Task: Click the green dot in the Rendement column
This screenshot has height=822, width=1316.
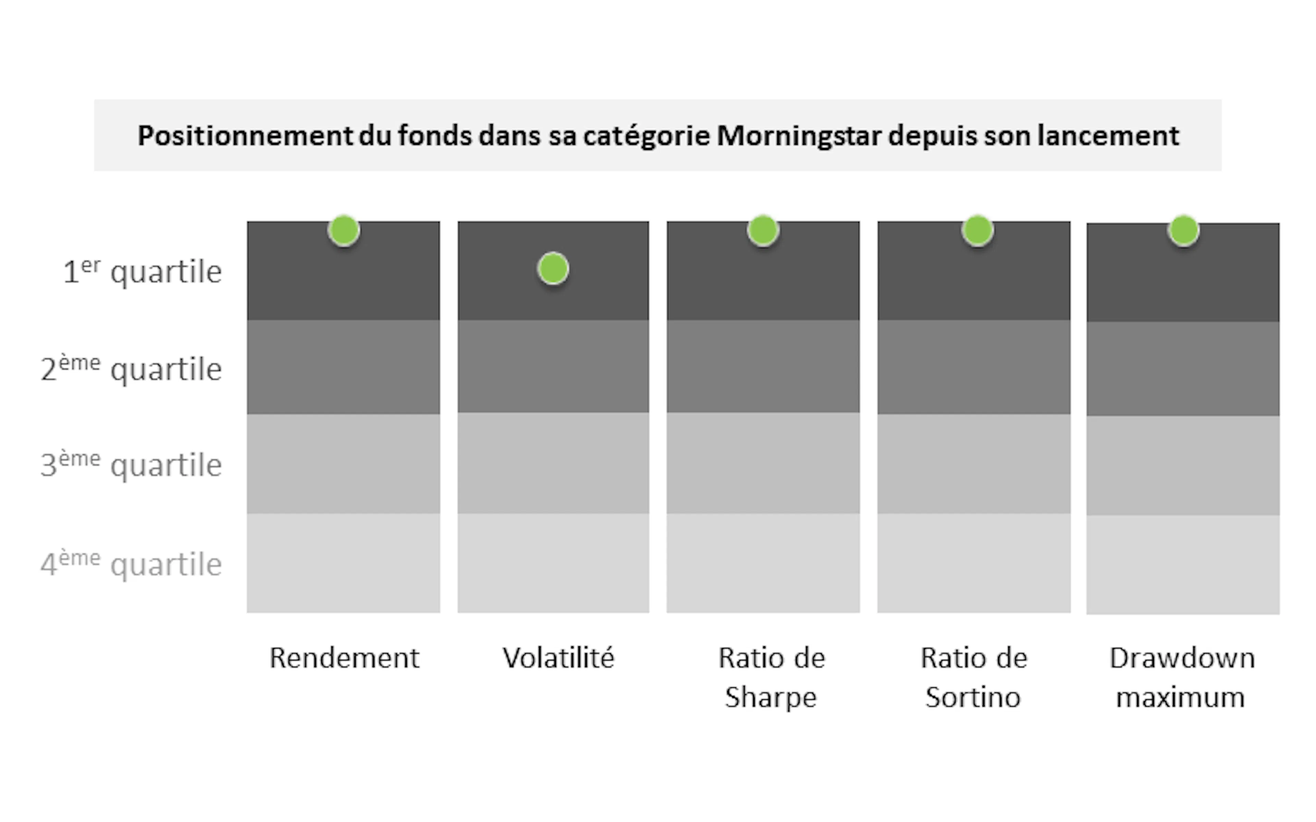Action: point(344,231)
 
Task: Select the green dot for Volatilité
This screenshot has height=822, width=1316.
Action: point(553,269)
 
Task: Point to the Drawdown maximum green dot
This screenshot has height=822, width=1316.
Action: point(1183,231)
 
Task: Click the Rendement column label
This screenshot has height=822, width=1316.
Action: point(344,658)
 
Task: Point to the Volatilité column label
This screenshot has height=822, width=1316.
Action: point(559,658)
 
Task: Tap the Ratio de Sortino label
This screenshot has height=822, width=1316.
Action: point(973,677)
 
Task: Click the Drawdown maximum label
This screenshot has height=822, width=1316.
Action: point(1182,677)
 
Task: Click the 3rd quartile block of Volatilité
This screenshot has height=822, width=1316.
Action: point(553,463)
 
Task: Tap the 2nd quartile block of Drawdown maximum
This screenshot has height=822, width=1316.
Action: point(1183,369)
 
